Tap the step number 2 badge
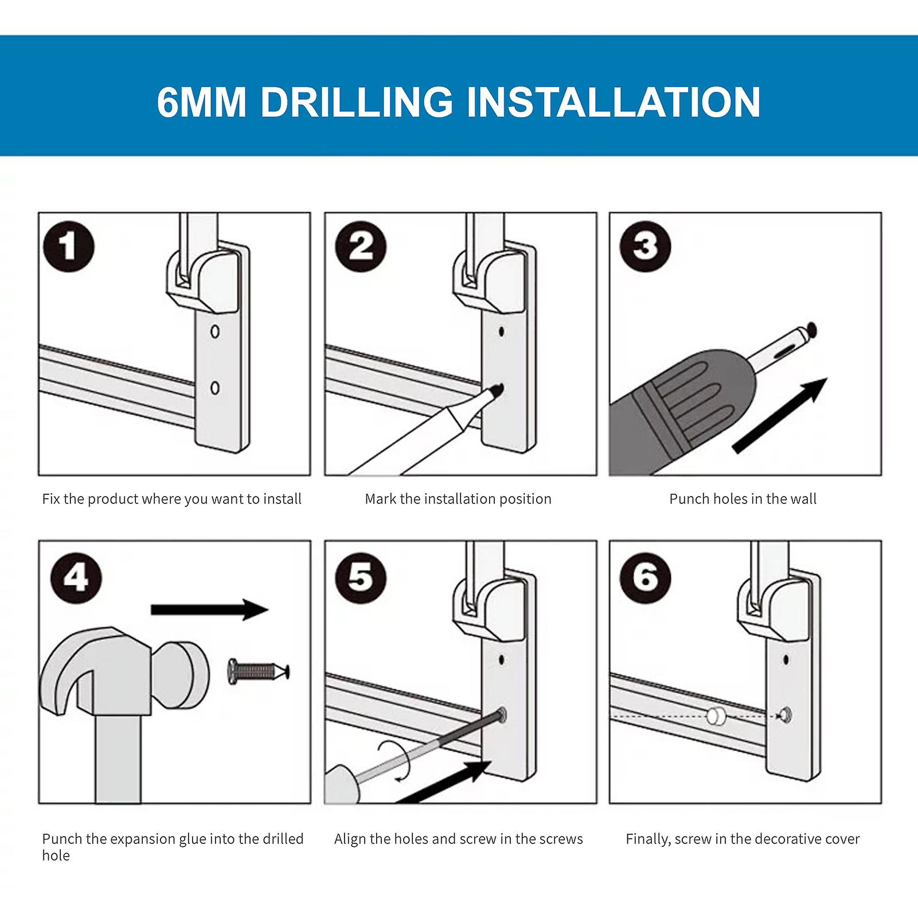point(361,247)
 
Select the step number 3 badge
point(646,247)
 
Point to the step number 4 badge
point(76,577)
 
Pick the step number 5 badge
point(361,577)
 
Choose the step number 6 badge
point(646,577)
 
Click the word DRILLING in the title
point(357,102)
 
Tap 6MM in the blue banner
point(201,102)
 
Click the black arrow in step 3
point(780,416)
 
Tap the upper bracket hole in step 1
point(215,331)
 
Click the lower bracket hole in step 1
point(215,388)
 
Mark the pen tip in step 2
point(497,390)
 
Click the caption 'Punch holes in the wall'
point(743,499)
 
